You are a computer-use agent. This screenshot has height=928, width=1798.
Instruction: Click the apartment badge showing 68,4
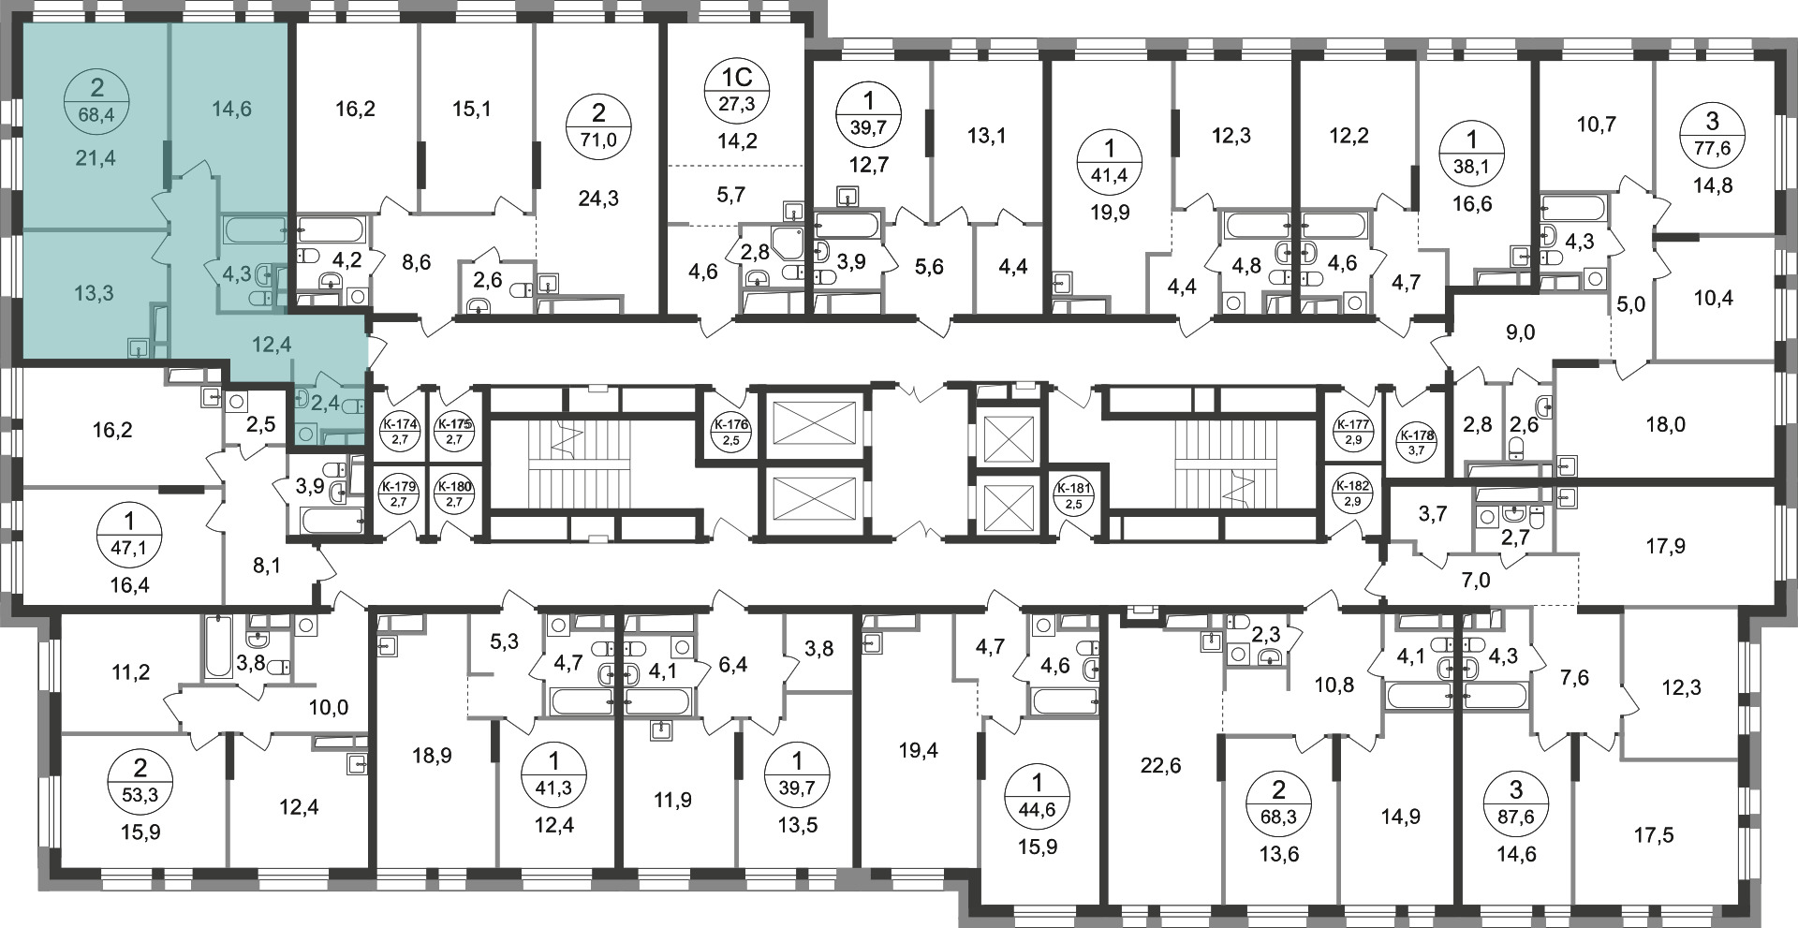(x=97, y=104)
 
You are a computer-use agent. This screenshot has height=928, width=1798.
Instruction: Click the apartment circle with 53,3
(x=140, y=785)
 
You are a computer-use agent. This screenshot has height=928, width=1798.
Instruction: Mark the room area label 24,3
(x=599, y=199)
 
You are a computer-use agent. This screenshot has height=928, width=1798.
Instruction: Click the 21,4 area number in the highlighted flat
(x=96, y=157)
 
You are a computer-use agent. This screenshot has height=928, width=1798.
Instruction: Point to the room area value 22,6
(x=1162, y=766)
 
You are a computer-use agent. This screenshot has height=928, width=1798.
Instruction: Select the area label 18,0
(x=1666, y=424)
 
